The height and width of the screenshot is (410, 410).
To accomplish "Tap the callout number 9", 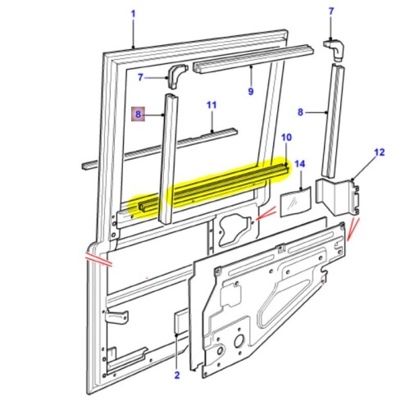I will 251,91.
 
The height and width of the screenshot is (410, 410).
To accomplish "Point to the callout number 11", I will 211,105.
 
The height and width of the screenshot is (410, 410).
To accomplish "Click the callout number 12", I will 379,153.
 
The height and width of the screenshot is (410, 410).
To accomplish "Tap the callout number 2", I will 176,376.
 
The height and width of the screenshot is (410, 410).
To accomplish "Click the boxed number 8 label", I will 139,116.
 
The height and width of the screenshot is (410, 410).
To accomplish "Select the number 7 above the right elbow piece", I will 331,11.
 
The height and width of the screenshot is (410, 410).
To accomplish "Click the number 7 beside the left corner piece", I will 141,77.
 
